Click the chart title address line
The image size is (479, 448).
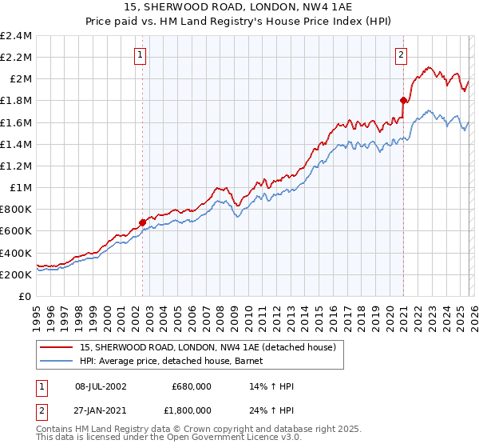tap(239, 7)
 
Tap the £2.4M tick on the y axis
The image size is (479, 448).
tap(17, 36)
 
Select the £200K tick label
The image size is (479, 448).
tap(17, 274)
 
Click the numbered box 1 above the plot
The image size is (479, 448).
tap(141, 55)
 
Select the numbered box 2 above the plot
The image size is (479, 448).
tap(401, 55)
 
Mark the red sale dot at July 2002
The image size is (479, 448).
tap(143, 222)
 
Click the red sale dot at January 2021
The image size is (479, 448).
tap(404, 100)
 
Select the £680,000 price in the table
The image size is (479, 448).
tap(191, 386)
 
